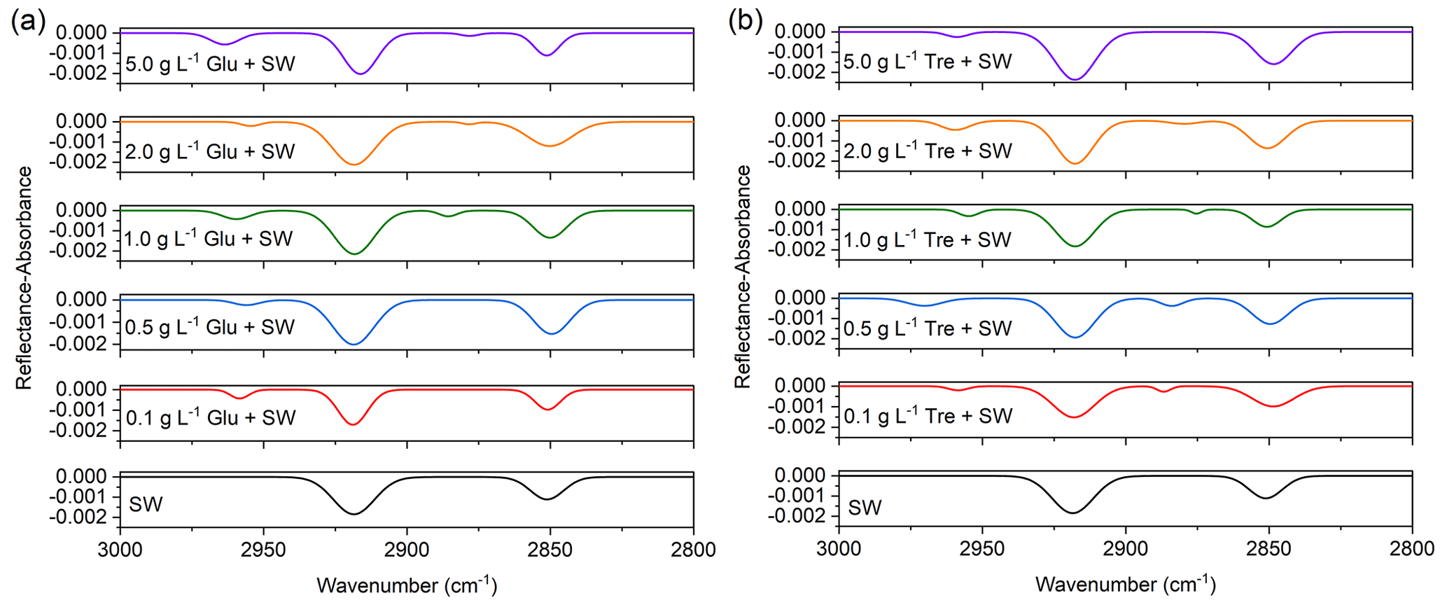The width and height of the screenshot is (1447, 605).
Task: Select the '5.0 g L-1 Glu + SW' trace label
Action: tap(210, 64)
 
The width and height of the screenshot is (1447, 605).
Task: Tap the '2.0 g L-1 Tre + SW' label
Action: tap(928, 151)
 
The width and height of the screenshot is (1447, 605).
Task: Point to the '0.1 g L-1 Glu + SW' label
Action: tap(210, 417)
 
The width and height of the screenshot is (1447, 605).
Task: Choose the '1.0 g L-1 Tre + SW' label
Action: tap(928, 239)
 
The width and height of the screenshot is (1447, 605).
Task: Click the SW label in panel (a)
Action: tap(146, 504)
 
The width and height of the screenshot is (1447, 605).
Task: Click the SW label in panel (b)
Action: tap(865, 508)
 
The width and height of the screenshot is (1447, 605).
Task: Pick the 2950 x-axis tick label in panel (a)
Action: tap(263, 550)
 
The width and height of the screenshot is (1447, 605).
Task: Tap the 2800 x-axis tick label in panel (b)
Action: tap(1411, 548)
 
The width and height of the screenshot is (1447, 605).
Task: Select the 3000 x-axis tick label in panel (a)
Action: tap(120, 550)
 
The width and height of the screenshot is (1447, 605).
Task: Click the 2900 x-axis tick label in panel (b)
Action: tap(1125, 548)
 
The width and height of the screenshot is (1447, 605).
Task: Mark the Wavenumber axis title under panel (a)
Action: tap(407, 585)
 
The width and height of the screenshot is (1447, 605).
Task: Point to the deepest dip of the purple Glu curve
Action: tap(360, 74)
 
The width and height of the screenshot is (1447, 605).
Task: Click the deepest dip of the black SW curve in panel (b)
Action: tap(1072, 513)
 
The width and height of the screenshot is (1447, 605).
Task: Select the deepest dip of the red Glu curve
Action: tap(354, 424)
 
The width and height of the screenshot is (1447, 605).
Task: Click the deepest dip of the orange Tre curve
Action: tap(1075, 164)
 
